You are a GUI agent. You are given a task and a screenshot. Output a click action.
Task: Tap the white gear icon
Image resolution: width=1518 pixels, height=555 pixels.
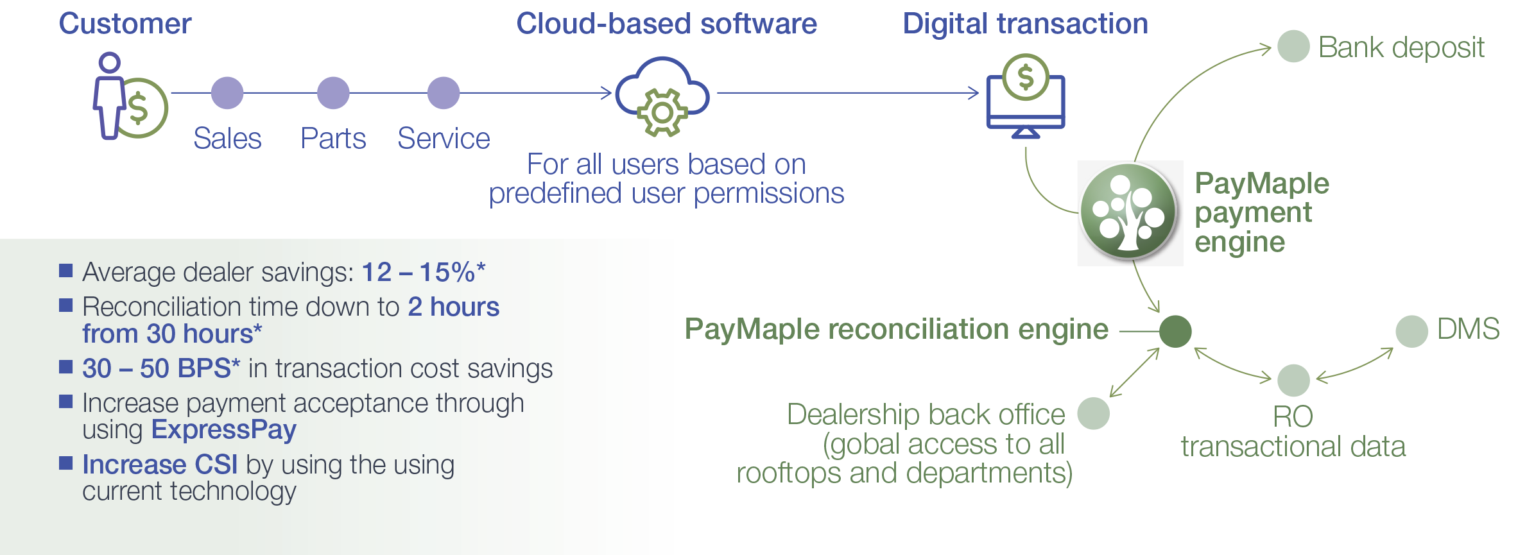click(662, 113)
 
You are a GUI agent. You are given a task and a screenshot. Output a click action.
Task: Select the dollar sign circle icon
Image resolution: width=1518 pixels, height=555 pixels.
click(1026, 77)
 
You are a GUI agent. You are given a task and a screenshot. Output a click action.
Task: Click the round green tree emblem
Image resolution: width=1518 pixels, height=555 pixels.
click(1128, 211)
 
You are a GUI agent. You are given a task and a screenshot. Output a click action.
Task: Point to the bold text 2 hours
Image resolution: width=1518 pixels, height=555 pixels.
click(453, 307)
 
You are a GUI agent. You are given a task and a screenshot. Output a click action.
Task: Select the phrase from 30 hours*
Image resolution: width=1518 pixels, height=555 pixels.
click(172, 334)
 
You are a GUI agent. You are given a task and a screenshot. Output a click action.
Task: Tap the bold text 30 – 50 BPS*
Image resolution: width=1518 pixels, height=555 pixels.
click(160, 368)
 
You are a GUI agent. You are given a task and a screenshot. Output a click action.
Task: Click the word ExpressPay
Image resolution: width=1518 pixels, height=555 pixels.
click(223, 429)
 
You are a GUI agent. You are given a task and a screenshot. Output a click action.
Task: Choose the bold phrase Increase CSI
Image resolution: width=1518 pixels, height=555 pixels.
click(160, 464)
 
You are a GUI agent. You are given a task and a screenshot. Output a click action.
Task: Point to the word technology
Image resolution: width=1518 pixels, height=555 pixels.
click(233, 491)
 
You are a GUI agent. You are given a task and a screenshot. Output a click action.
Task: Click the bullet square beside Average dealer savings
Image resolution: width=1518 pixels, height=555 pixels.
click(65, 270)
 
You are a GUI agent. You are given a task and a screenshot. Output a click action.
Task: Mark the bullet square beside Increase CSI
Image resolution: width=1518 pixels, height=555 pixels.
click(65, 463)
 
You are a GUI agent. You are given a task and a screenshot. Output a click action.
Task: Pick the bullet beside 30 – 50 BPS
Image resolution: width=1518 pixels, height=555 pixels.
click(65, 366)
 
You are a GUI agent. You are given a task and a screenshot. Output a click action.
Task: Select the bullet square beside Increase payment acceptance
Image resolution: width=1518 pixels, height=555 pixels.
click(65, 401)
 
